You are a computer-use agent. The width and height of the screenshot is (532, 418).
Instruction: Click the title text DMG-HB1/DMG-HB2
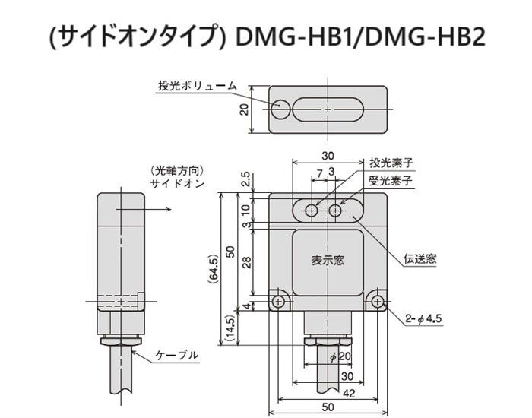[x=360, y=36]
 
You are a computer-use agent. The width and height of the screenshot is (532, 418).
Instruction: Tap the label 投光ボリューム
[x=197, y=85]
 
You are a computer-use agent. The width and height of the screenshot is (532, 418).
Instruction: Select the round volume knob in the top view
[x=281, y=109]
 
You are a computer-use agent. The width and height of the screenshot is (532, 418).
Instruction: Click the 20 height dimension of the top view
[x=245, y=109]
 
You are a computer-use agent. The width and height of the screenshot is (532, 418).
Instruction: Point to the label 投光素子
[x=391, y=163]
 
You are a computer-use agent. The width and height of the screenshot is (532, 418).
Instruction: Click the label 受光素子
[x=390, y=181]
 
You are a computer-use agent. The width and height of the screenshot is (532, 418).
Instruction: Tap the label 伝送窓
[x=420, y=259]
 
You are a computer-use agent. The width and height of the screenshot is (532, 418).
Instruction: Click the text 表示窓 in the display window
[x=328, y=260]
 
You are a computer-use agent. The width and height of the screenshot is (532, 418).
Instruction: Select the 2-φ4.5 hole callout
[x=423, y=319]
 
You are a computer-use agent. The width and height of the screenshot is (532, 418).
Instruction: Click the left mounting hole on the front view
[x=278, y=301]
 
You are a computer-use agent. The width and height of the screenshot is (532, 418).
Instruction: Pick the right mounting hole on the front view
[x=377, y=301]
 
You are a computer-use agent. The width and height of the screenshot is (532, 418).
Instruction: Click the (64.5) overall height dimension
[x=214, y=268]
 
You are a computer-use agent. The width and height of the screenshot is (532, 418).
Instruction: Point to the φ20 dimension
[x=340, y=356]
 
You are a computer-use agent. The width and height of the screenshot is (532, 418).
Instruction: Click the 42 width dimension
[x=349, y=393]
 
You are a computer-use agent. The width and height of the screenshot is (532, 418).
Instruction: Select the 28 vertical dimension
[x=248, y=262]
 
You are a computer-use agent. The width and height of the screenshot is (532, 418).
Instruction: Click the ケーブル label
[x=176, y=355]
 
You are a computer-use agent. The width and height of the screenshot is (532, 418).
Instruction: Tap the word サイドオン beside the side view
[x=177, y=184]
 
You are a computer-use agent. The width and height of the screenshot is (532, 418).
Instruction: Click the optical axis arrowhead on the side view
[x=169, y=209]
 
